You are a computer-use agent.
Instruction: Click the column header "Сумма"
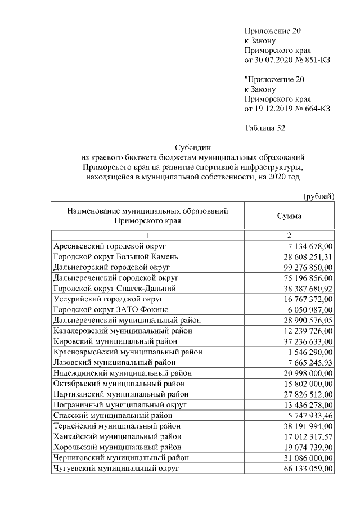point(289,216)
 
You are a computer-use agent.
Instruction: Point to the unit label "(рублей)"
point(318,196)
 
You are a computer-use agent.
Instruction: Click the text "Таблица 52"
point(265,128)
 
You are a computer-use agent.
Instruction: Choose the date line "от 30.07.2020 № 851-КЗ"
point(287,60)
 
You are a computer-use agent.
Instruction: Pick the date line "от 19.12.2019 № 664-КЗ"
point(287,108)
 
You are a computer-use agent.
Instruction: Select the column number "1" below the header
point(148,236)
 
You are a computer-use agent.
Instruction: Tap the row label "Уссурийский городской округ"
point(108,299)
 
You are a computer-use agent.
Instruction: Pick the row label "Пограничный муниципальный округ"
point(120,405)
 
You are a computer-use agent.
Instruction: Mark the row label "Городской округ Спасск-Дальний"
point(114,289)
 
